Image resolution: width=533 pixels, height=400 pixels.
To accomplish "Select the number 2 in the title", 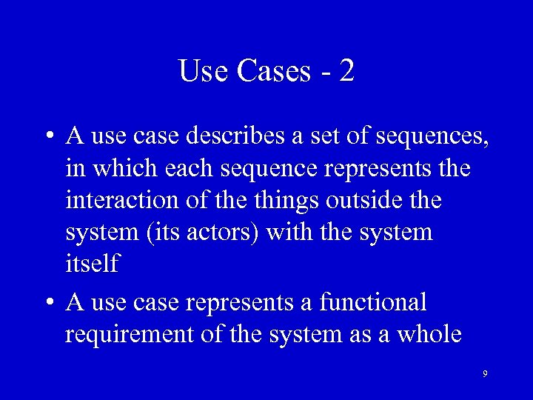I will pyautogui.click(x=346, y=71).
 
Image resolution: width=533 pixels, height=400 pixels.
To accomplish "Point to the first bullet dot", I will pyautogui.click(x=47, y=138).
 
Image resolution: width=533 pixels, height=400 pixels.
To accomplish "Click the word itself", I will pyautogui.click(x=92, y=264).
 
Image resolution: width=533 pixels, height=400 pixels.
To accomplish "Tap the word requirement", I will pyautogui.click(x=130, y=334).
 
